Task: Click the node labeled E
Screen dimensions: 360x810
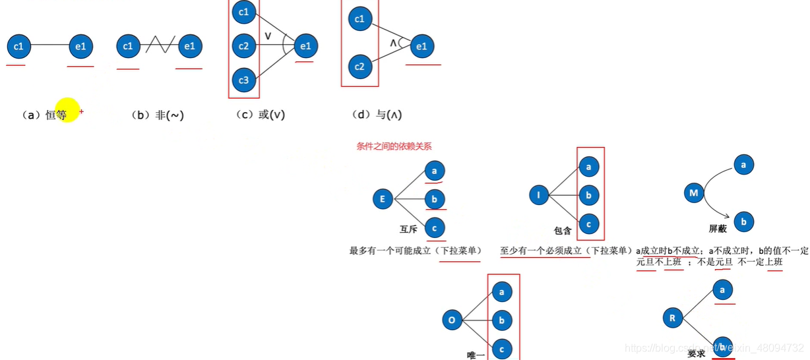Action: pos(383,199)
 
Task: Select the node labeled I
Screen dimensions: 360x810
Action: pos(539,195)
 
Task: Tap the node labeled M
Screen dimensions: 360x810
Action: pos(694,194)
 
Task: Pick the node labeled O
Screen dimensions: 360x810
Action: pos(452,321)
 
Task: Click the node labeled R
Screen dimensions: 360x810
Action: pos(672,318)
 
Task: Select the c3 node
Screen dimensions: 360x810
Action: pos(244,80)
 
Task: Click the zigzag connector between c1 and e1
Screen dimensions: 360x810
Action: pos(158,46)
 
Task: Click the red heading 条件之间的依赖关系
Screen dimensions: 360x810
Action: pos(394,146)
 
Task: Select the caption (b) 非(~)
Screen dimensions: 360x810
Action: pos(158,115)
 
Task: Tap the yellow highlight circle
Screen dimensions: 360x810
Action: pos(67,111)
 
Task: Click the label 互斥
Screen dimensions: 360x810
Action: pos(409,229)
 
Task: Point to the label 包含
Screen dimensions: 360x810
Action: pos(563,230)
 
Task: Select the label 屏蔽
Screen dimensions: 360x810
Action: pos(718,229)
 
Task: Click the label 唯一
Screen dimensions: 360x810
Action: pos(476,355)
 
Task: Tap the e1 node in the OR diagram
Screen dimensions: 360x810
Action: pos(305,46)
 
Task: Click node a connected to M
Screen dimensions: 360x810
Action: pos(743,165)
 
